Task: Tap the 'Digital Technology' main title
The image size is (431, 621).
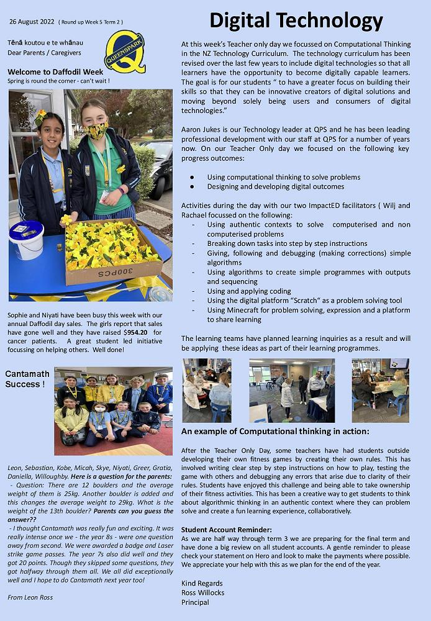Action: tap(296, 20)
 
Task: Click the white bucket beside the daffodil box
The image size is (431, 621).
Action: tap(26, 239)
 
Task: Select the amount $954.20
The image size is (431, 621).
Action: tap(135, 332)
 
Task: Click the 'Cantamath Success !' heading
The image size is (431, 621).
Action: tap(25, 379)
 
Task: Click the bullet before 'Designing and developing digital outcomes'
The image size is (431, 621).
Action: tap(193, 186)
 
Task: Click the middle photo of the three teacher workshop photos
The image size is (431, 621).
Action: tap(292, 391)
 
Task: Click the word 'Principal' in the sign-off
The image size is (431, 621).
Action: tap(195, 602)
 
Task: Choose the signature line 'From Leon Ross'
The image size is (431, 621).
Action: tap(30, 597)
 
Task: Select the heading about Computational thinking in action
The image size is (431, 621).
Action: tap(275, 432)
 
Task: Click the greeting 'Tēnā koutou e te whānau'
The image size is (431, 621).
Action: tap(45, 42)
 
